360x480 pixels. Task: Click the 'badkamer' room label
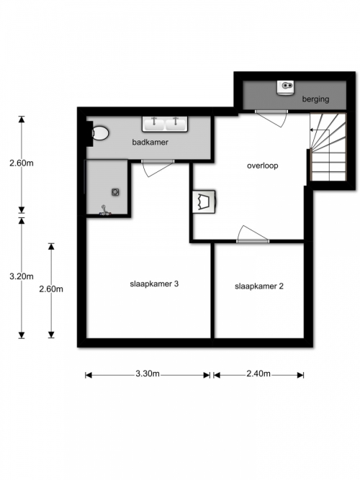(150, 142)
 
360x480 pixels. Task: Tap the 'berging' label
(315, 99)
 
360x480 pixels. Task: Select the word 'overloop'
(263, 166)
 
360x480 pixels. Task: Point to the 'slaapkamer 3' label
(154, 284)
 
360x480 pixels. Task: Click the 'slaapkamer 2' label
(259, 286)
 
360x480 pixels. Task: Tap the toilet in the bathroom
(100, 133)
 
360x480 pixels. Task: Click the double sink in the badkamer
(165, 124)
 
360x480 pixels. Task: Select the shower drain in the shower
(115, 192)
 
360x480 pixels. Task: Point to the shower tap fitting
(105, 212)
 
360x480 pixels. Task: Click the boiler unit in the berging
(285, 88)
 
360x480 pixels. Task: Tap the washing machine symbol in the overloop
(204, 201)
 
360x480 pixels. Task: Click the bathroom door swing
(158, 168)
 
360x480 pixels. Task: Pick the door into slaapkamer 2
(253, 235)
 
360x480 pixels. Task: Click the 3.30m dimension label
(148, 373)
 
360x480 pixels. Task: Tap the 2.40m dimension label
(258, 373)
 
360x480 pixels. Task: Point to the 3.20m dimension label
(22, 276)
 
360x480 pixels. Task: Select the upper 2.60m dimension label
(22, 163)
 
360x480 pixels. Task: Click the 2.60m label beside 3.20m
(51, 289)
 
